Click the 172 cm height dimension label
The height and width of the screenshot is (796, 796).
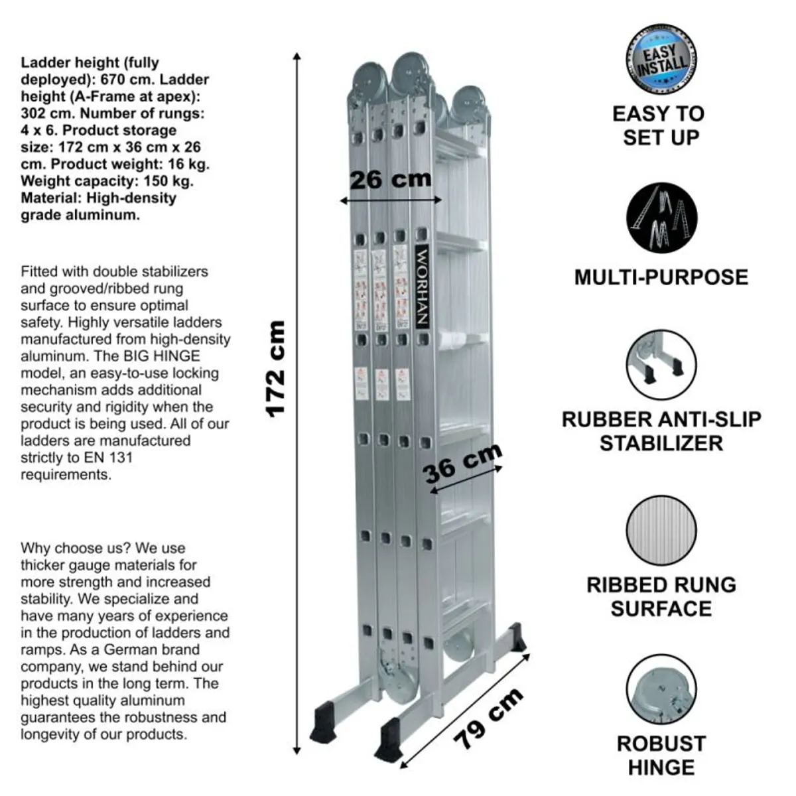point(275,369)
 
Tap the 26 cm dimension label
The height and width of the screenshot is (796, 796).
point(390,179)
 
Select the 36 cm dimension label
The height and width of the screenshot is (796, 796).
point(462,462)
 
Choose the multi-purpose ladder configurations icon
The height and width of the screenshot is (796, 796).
point(661,218)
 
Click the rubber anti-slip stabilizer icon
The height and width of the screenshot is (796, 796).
point(661,365)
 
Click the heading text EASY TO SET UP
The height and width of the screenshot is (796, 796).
point(659,125)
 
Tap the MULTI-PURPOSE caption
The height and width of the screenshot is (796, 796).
point(661,277)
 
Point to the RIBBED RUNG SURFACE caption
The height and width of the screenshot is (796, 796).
point(661,596)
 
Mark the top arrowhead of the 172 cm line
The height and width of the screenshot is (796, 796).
point(297,56)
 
